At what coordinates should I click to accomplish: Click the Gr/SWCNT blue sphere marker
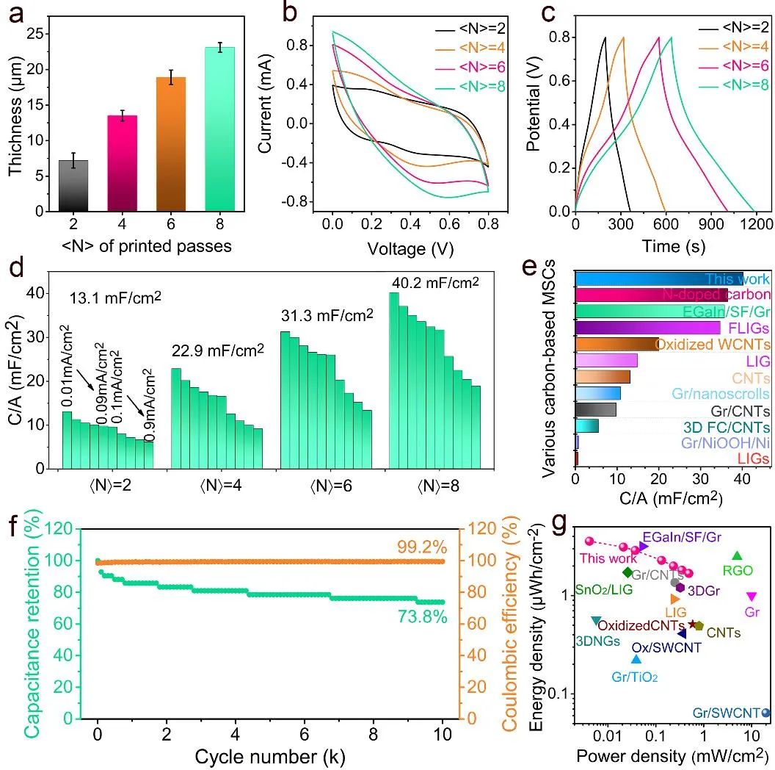(x=766, y=712)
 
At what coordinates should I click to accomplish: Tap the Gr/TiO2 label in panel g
(x=634, y=677)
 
